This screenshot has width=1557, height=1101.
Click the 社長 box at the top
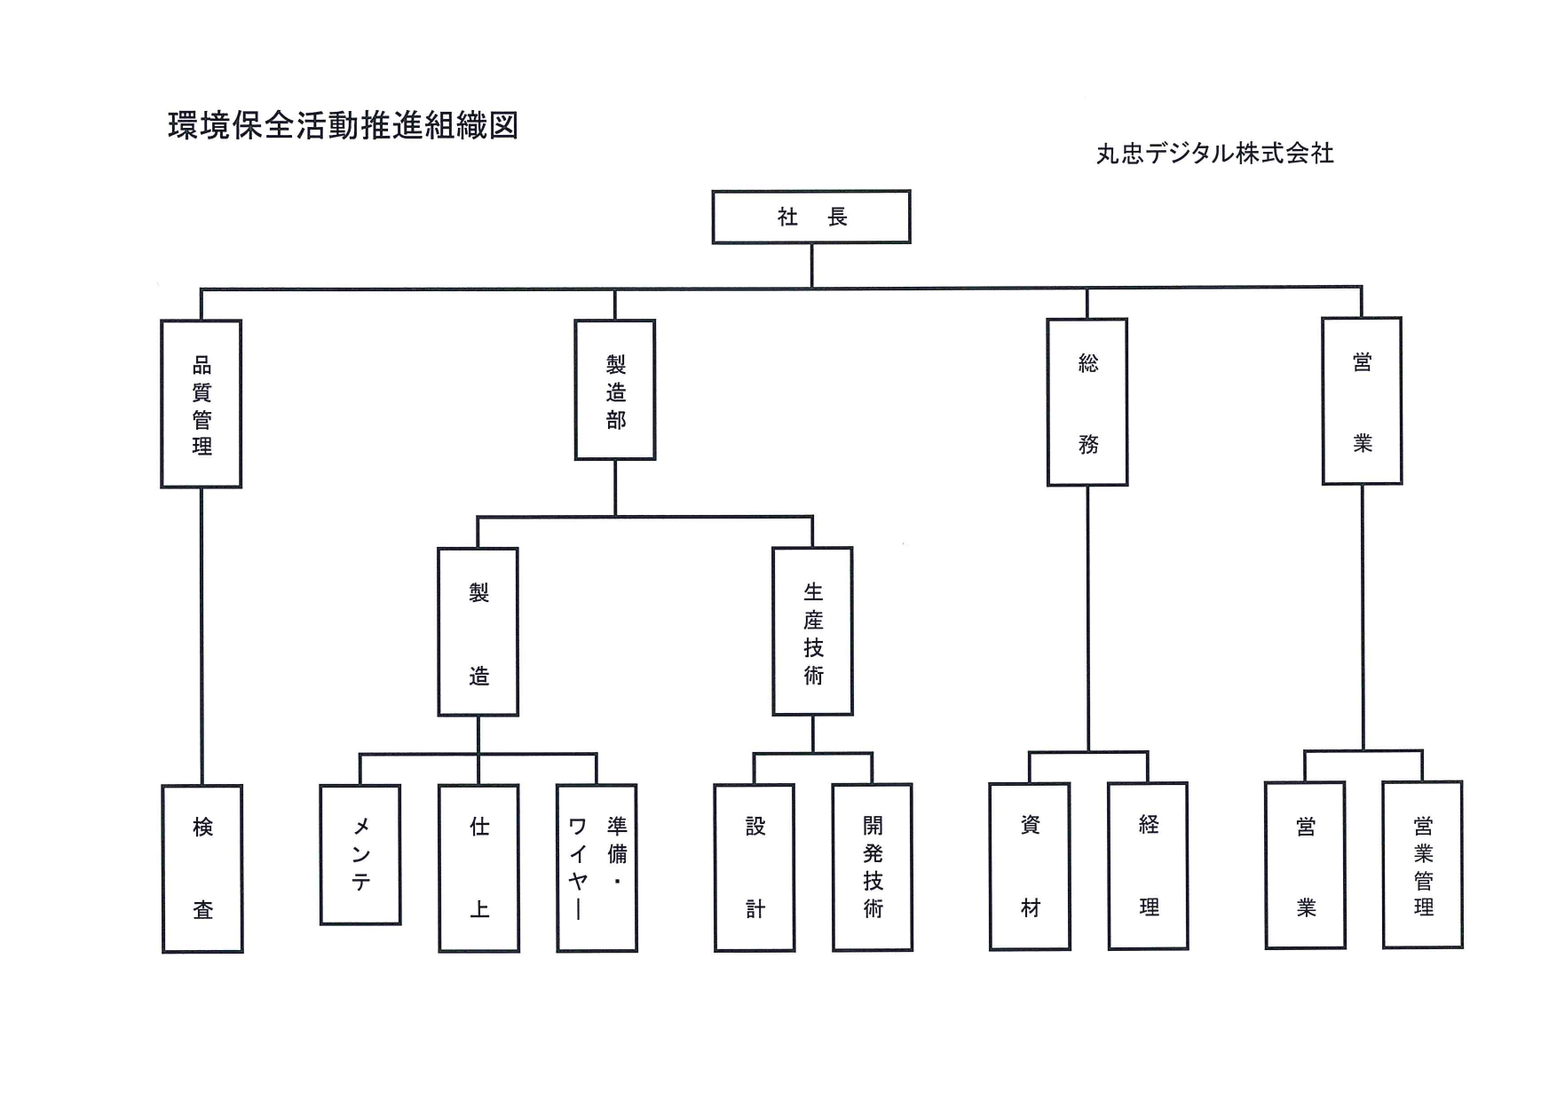(x=810, y=217)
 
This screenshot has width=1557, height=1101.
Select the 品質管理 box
(x=202, y=404)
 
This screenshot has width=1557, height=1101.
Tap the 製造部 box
(x=615, y=391)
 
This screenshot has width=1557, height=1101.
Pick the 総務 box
(x=1087, y=402)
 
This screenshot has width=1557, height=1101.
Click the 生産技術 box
(x=813, y=631)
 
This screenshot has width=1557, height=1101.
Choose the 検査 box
(x=202, y=868)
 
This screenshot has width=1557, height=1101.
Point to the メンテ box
(x=360, y=854)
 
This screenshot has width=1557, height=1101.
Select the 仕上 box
(x=479, y=868)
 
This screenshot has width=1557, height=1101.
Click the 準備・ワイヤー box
(x=597, y=868)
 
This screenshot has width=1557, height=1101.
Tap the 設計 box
(x=755, y=867)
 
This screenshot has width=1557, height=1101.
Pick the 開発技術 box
(x=873, y=867)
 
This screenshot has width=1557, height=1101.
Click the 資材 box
(x=1030, y=867)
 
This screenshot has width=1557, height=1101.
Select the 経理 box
(x=1149, y=866)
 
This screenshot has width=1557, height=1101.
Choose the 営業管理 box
(x=1423, y=866)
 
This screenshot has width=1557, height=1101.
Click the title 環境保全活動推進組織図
(x=343, y=126)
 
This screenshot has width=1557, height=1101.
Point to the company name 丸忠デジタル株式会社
(x=1214, y=154)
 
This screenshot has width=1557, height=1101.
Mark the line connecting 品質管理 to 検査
(x=202, y=636)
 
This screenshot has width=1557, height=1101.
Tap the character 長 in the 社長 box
(x=837, y=217)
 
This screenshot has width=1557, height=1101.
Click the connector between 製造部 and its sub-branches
(x=615, y=487)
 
